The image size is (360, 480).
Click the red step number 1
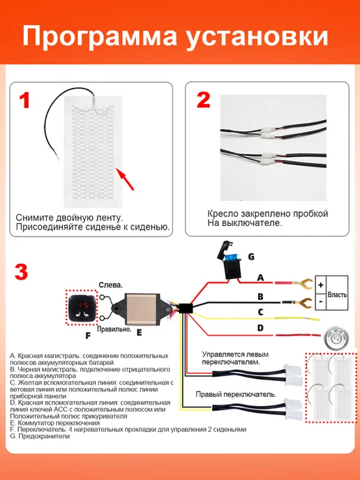pyautogui.click(x=24, y=100)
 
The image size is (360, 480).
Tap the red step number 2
pyautogui.click(x=203, y=100)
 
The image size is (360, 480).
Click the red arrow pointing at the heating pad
pyautogui.click(x=126, y=180)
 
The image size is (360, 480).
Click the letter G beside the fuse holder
pyautogui.click(x=251, y=257)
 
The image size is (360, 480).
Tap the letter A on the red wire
pyautogui.click(x=260, y=278)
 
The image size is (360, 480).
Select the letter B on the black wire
pyautogui.click(x=260, y=297)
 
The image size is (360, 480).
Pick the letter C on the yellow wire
pyautogui.click(x=260, y=312)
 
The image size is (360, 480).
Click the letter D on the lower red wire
pyautogui.click(x=260, y=328)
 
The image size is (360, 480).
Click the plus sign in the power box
pyautogui.click(x=320, y=285)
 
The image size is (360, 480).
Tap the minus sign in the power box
pyautogui.click(x=320, y=301)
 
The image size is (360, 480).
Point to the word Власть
pyautogui.click(x=337, y=295)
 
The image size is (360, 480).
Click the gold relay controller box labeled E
pyautogui.click(x=142, y=310)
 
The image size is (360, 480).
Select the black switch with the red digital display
pyautogui.click(x=82, y=307)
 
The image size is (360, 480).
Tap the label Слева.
pyautogui.click(x=110, y=285)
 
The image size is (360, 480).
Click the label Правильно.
pyautogui.click(x=114, y=329)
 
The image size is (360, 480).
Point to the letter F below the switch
pyautogui.click(x=88, y=336)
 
